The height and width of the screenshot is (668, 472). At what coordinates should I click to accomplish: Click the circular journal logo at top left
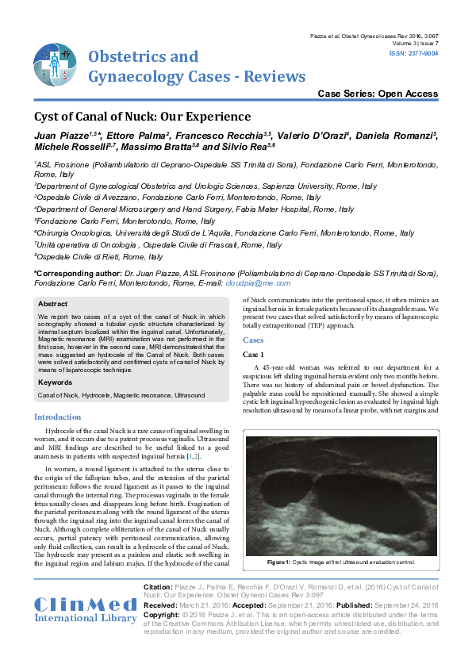tap(56, 64)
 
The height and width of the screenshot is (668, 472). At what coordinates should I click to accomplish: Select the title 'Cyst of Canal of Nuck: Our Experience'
tap(143, 116)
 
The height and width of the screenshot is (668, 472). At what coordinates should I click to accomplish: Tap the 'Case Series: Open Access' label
tap(378, 94)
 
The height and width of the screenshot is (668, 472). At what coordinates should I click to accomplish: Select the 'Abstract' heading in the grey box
tap(53, 304)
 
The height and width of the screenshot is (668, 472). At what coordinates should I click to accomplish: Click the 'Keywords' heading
tap(56, 382)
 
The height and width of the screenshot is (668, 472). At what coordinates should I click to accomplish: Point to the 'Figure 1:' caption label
tap(278, 562)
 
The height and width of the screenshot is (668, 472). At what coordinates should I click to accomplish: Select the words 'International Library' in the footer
tap(86, 617)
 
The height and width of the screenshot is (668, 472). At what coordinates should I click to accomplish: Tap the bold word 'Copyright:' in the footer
tap(162, 615)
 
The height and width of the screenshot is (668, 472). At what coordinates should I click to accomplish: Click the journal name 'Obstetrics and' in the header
tap(143, 57)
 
